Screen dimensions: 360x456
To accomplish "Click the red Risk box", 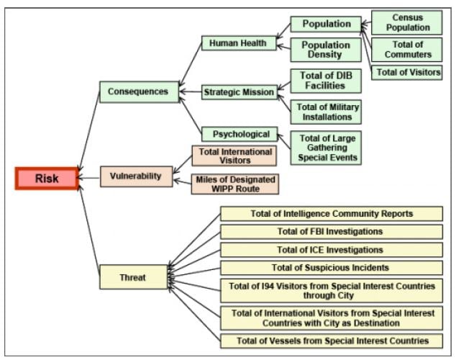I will (x=47, y=178).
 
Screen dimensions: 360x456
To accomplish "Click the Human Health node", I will (x=237, y=43).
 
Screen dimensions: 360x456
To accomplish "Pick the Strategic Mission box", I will (x=238, y=92).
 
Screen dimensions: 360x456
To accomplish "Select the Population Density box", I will (x=325, y=50).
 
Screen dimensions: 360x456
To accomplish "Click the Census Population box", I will (x=406, y=22).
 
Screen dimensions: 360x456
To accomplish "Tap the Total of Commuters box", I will (x=406, y=49).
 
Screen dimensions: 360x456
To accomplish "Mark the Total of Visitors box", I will (x=406, y=72).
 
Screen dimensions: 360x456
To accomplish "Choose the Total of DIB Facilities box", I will (x=325, y=81).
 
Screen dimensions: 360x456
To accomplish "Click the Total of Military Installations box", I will (x=325, y=112).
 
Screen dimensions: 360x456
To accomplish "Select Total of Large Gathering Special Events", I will (x=325, y=148).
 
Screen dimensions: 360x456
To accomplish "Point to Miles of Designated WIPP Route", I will (x=234, y=184).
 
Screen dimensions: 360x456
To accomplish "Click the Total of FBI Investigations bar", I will (x=331, y=231).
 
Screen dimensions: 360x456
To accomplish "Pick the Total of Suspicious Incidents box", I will (x=331, y=267).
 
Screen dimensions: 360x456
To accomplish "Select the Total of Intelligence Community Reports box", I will (x=331, y=213).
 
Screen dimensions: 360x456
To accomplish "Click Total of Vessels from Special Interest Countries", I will (x=331, y=341).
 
